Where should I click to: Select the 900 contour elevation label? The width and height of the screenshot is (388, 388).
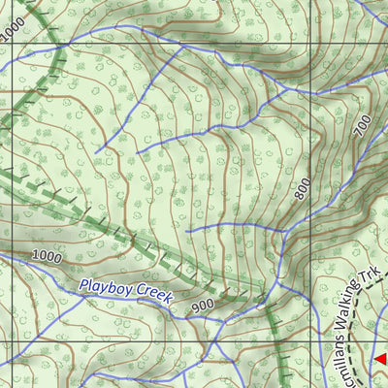point(202,306)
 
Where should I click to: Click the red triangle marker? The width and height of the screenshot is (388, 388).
point(380,360)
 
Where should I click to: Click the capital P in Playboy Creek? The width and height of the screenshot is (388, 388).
point(84,285)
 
